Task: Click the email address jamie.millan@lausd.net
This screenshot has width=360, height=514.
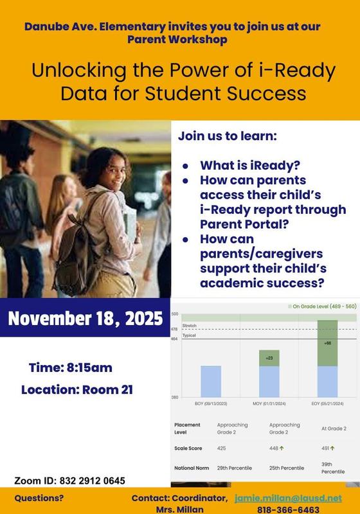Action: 288,498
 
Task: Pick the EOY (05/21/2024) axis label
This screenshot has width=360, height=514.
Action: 328,403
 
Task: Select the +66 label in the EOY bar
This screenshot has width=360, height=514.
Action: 328,344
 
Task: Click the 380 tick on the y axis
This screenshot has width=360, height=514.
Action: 175,398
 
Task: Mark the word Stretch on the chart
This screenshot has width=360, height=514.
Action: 190,326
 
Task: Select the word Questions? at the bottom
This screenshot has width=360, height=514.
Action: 39,498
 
